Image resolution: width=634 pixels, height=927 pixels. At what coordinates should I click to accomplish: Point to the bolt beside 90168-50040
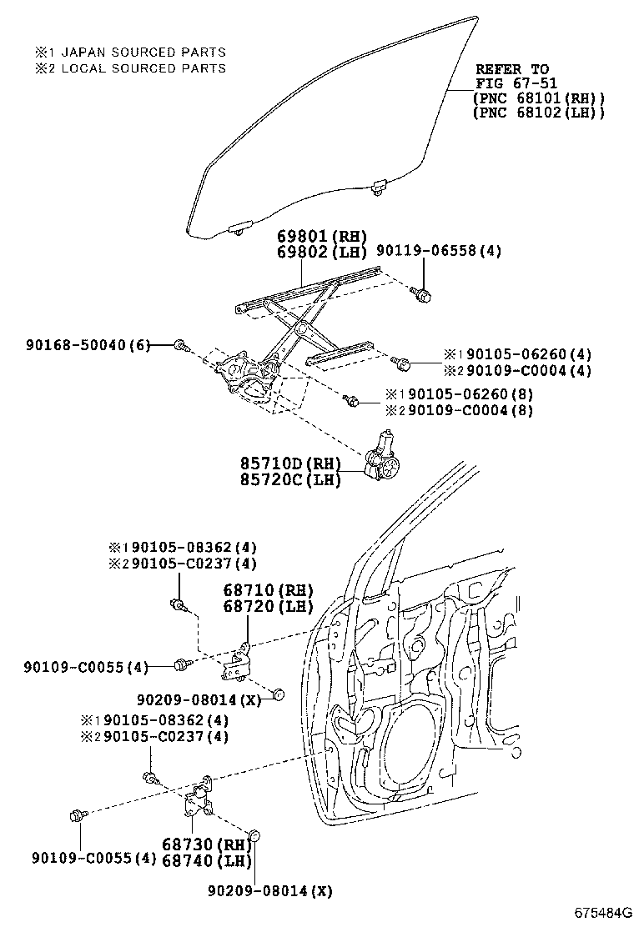pos(181,345)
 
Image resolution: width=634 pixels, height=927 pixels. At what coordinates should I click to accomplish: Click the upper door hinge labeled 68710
pos(238,660)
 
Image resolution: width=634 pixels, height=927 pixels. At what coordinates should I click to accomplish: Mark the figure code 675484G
pos(601,912)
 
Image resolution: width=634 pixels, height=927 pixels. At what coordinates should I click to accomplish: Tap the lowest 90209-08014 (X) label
pos(269,891)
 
